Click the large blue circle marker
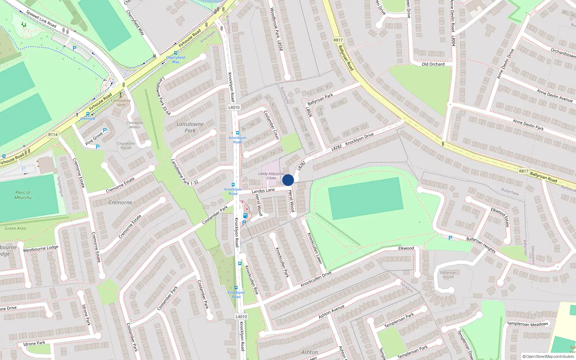click(288, 180)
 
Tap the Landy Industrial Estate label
click(271, 176)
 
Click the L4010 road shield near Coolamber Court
click(234, 107)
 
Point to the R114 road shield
click(53, 135)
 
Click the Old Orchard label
click(433, 64)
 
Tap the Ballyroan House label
click(448, 275)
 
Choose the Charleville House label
click(126, 145)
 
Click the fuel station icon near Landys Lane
click(245, 216)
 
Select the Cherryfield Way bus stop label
click(176, 59)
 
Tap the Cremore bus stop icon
click(88, 114)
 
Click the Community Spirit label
click(121, 103)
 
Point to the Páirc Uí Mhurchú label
click(23, 195)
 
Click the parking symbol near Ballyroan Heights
click(450, 238)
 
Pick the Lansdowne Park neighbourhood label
click(190, 127)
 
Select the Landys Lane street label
click(263, 190)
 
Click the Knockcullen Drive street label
click(316, 279)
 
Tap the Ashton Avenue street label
click(331, 311)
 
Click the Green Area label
click(15, 228)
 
